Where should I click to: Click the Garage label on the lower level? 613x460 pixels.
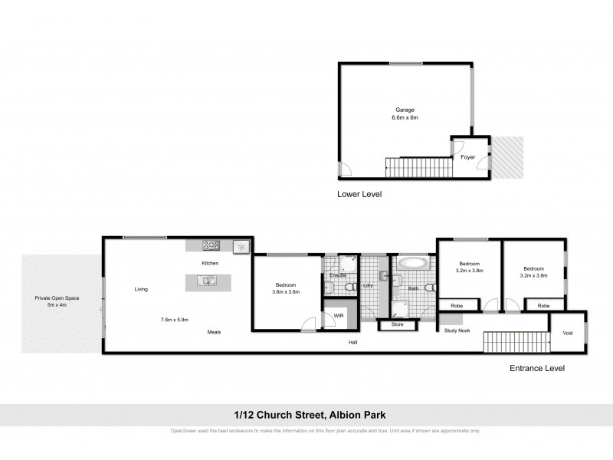click(405, 110)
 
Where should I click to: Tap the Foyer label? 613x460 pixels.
click(467, 157)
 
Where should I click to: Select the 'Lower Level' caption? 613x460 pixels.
click(359, 194)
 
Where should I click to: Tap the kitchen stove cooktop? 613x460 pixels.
click(211, 246)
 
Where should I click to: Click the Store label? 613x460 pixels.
click(396, 325)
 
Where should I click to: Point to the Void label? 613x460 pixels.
click(567, 333)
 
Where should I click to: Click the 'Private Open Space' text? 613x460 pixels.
click(57, 297)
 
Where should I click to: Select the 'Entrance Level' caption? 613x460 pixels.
click(537, 368)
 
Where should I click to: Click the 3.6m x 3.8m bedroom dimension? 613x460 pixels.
click(285, 292)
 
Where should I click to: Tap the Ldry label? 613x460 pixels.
click(368, 286)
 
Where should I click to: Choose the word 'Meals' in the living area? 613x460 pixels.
click(215, 332)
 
